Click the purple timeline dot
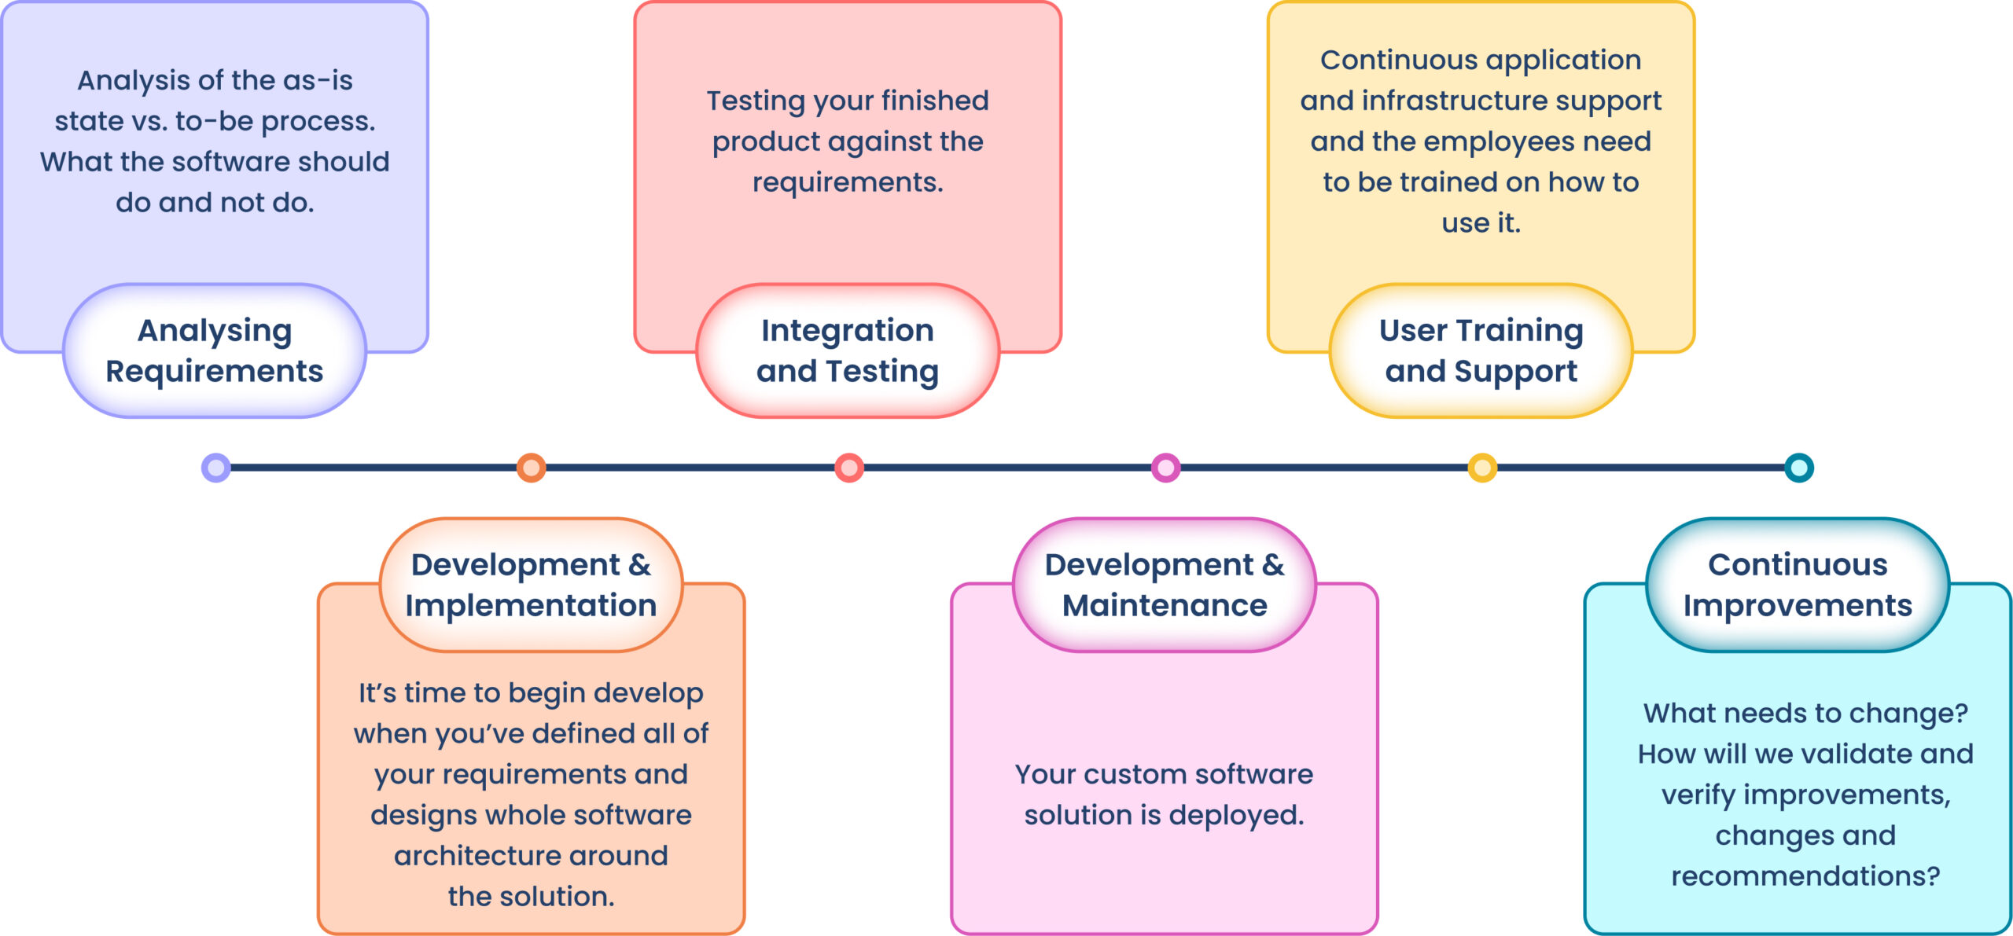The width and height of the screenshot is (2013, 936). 216,468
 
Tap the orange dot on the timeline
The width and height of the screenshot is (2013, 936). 532,468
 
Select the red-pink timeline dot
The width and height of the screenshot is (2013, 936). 849,468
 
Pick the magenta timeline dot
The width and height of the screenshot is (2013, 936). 1165,468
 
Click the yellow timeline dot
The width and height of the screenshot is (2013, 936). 1482,468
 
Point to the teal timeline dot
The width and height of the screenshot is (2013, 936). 1799,468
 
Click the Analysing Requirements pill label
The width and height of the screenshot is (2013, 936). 215,351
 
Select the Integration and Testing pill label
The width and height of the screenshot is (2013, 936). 848,351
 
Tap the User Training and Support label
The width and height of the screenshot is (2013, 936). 1481,351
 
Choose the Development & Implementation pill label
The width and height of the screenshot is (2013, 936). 531,585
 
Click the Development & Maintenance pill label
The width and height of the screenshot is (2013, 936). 1165,585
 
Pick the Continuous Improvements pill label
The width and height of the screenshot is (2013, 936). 1798,585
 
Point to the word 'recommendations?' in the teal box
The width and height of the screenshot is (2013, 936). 1805,875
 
